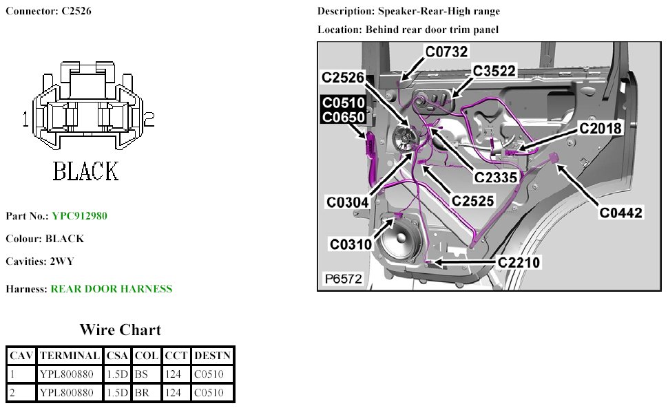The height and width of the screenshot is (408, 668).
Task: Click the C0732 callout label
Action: tap(446, 51)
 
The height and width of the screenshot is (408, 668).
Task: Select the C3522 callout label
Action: tap(494, 72)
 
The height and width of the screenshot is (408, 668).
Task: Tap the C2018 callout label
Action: tap(600, 128)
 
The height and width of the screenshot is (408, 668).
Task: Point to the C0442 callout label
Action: tap(620, 213)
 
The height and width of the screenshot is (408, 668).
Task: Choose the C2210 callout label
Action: tap(519, 261)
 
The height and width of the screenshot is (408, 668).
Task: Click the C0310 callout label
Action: tap(351, 244)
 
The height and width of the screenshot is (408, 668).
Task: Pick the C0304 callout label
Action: tap(348, 202)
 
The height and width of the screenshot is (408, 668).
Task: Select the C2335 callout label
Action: tap(496, 177)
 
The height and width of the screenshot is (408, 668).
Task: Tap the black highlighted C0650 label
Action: tap(344, 118)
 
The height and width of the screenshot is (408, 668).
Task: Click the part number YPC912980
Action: tap(79, 216)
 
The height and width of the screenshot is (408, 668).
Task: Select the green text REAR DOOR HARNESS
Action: tap(112, 289)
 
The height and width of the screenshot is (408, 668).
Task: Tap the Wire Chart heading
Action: tap(121, 330)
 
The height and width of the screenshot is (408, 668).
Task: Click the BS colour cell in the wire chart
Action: tap(145, 375)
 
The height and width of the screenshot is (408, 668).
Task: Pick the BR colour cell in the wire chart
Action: tap(145, 393)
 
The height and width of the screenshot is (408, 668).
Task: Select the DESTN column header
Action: tap(212, 356)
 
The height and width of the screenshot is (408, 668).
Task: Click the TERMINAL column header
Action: tap(69, 356)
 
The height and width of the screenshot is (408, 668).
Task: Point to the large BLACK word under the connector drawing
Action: tap(86, 171)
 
